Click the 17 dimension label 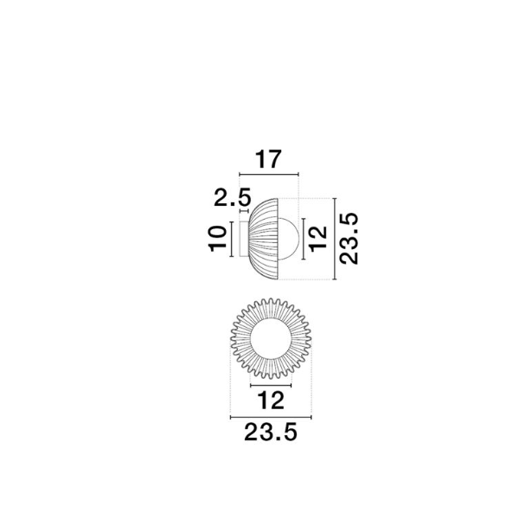coord(268,159)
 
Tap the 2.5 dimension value coord(233,197)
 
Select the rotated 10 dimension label coord(218,239)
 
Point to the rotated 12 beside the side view coord(318,239)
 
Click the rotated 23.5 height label coord(349,239)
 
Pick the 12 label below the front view coord(271,400)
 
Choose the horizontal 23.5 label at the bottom coord(271,432)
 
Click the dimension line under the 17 coord(269,174)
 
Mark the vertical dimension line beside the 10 coord(232,239)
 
